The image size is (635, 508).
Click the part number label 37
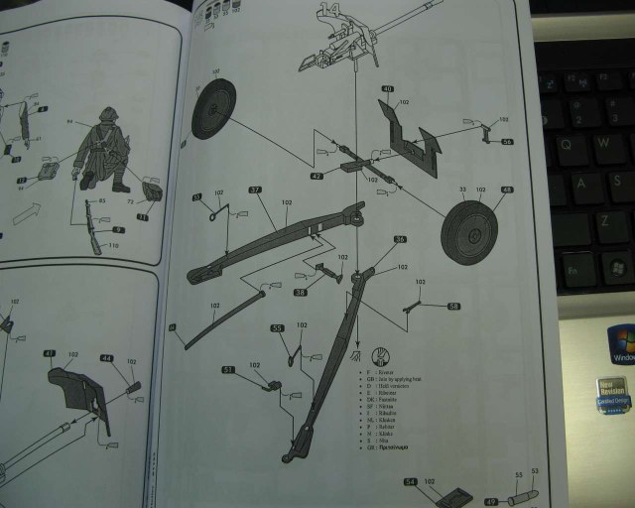tap(255, 190)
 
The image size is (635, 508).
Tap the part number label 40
tap(387, 88)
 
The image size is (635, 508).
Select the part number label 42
tap(317, 176)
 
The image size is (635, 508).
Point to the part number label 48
tap(508, 190)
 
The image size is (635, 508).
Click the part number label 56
tap(507, 142)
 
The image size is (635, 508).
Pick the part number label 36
tap(400, 239)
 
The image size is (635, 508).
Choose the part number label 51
tap(227, 369)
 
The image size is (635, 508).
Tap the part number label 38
tap(300, 293)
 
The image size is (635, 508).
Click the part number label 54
tap(411, 482)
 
